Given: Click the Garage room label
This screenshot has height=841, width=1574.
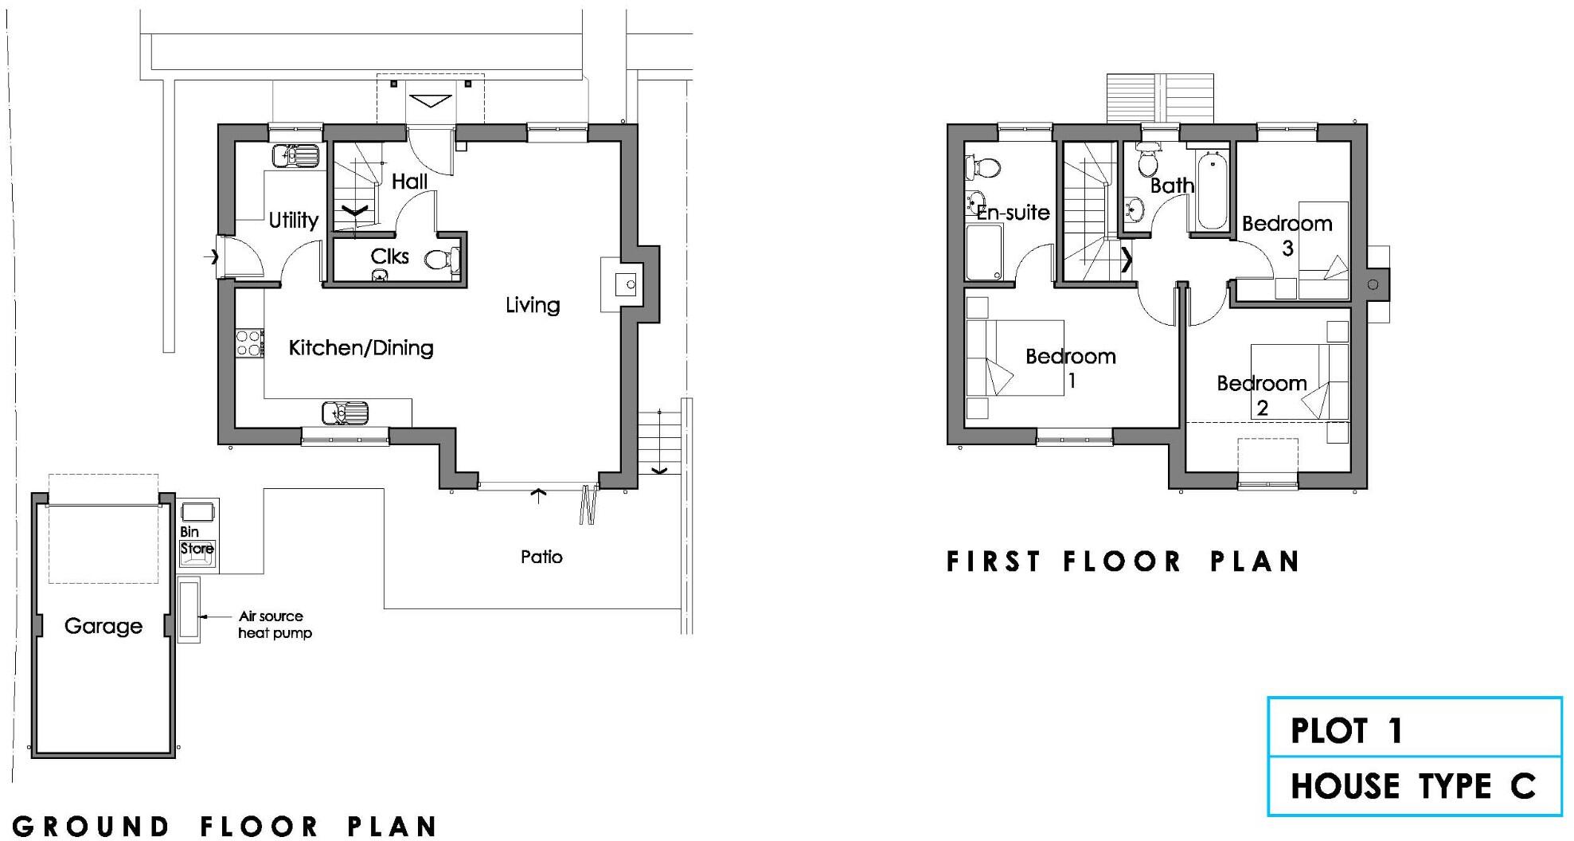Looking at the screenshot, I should [104, 626].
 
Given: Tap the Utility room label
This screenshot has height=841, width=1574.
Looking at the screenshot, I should [293, 220].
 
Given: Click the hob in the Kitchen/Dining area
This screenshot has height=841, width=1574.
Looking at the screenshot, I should [249, 343].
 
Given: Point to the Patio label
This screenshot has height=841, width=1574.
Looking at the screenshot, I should [541, 557].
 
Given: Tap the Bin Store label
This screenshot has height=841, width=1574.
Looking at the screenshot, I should [196, 540].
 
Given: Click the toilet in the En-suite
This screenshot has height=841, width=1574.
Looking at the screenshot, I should [982, 168].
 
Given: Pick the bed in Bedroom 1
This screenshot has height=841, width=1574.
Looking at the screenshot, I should [1015, 358].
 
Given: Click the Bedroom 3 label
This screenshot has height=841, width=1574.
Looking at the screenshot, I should [1287, 234].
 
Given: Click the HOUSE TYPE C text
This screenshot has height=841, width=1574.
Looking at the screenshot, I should [1412, 786].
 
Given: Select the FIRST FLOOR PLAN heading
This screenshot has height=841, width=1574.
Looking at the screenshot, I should [1123, 561].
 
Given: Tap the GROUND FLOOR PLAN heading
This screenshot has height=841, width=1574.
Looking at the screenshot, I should [225, 826].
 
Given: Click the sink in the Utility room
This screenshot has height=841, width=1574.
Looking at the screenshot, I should [295, 156].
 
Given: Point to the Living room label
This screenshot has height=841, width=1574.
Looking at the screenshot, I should [533, 305].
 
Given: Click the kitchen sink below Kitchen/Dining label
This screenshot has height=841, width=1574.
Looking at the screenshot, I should [346, 413].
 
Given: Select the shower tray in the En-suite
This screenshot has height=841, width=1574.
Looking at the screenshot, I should [984, 252].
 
